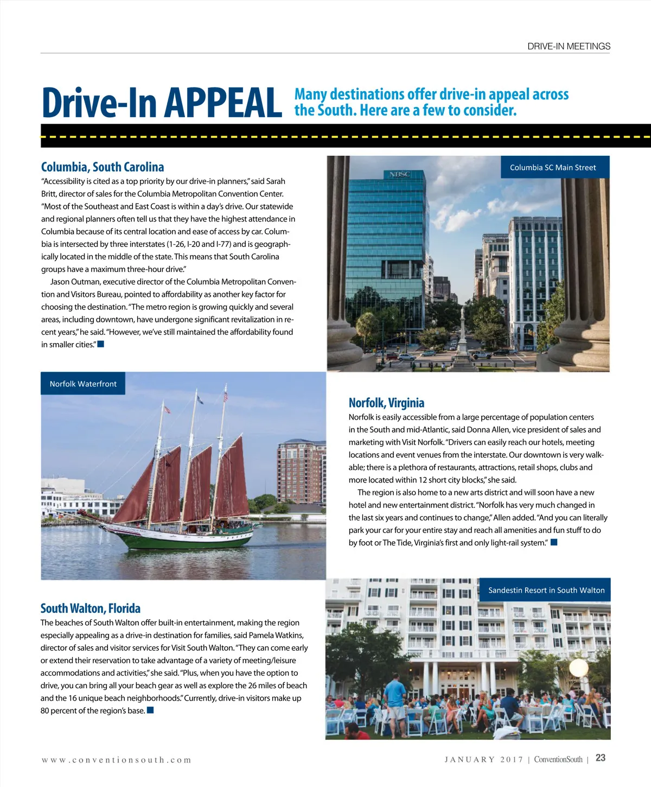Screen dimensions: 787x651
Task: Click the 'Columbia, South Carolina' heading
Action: click(103, 167)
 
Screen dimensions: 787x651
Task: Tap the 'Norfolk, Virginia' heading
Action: click(386, 403)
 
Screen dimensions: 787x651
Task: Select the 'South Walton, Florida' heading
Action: click(91, 608)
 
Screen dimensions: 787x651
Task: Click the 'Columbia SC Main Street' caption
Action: click(553, 167)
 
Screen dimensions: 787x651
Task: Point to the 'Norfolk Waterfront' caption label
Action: click(83, 384)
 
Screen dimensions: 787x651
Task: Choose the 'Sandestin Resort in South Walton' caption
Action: click(546, 590)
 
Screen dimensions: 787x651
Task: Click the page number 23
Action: click(601, 758)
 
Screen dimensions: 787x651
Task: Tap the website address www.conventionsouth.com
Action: click(117, 760)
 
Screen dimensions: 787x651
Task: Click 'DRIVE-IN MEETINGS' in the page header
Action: click(569, 47)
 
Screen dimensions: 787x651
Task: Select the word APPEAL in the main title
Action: click(223, 103)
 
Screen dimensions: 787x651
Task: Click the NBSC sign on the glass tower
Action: click(399, 174)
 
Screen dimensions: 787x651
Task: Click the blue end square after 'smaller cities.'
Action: click(100, 344)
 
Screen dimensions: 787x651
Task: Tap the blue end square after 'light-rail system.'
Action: click(554, 542)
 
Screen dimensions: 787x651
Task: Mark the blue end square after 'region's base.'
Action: click(150, 710)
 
